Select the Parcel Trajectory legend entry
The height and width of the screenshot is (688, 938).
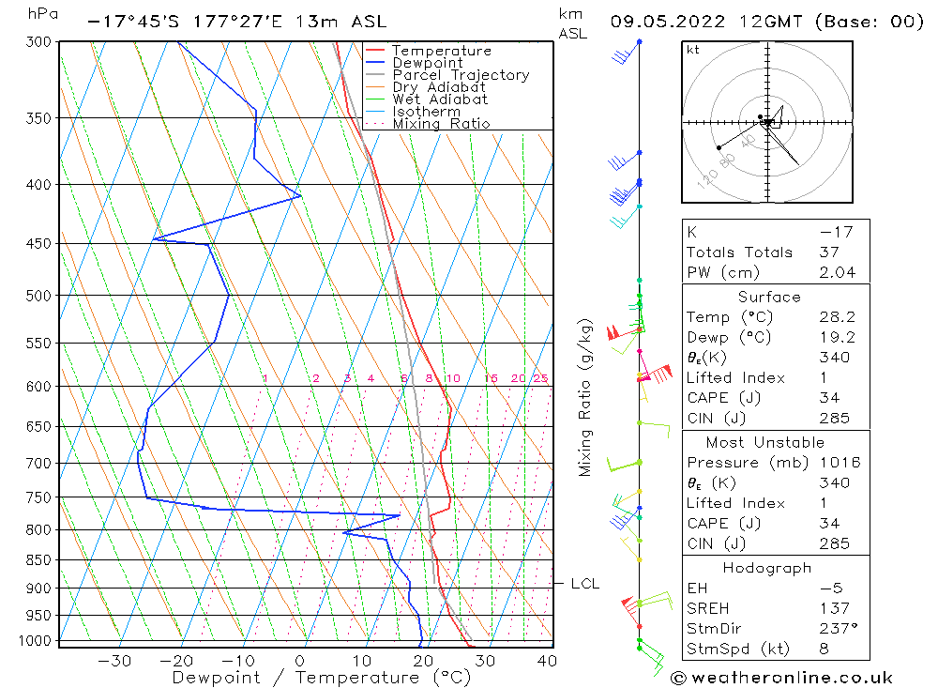(x=461, y=75)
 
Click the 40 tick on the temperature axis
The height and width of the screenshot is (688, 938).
(x=547, y=660)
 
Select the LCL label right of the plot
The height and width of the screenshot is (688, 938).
(x=585, y=584)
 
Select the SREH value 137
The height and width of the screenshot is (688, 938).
(x=833, y=608)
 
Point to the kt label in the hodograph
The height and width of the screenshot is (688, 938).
(x=693, y=50)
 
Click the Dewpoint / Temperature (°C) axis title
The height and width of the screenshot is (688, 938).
(x=322, y=677)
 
